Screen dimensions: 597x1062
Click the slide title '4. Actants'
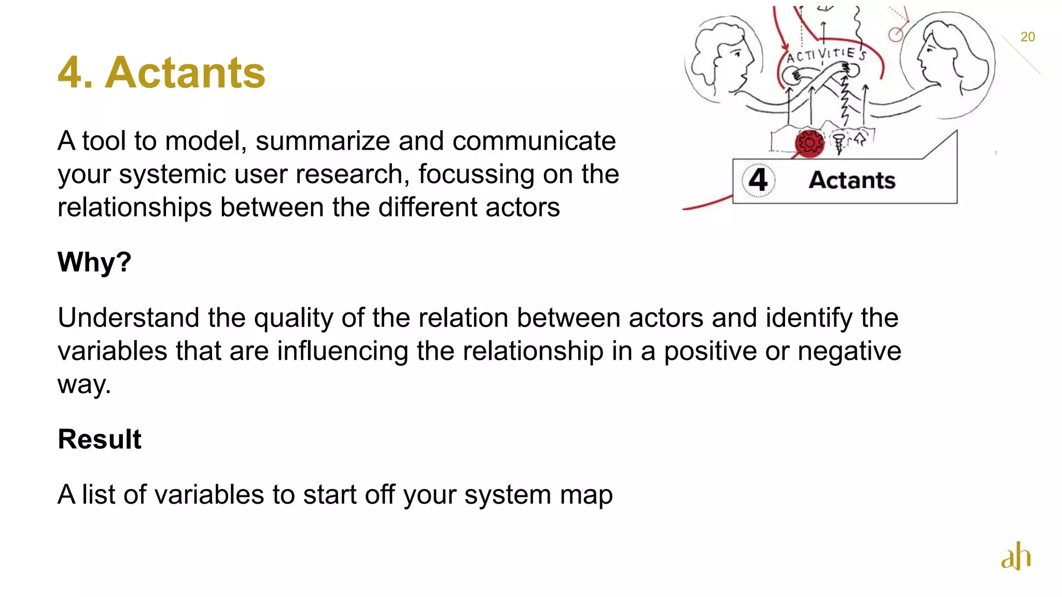(x=161, y=73)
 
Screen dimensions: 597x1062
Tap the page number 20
(x=1027, y=37)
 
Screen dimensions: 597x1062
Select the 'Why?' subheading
(x=94, y=262)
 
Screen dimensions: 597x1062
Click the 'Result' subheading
(x=99, y=439)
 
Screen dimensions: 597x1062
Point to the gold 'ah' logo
(x=1015, y=556)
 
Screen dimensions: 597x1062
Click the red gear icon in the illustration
(x=809, y=143)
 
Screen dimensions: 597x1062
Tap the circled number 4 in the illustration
(x=758, y=180)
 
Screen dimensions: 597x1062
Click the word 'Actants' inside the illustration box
(x=852, y=180)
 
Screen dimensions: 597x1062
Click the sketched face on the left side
(x=723, y=57)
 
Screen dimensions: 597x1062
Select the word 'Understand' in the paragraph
(x=128, y=318)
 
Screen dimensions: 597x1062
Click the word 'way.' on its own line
(x=84, y=385)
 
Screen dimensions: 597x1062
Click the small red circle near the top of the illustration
(x=896, y=35)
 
